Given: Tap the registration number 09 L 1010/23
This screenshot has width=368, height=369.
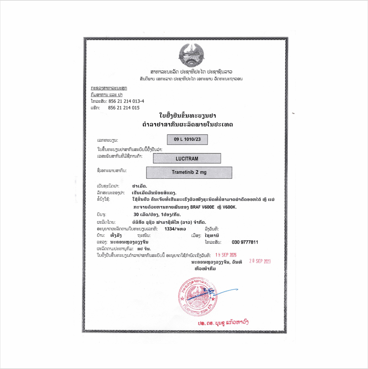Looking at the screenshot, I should [x=188, y=139].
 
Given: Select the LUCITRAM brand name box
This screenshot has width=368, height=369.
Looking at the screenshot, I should [x=187, y=158].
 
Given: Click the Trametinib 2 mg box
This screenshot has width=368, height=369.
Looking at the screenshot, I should [x=189, y=172].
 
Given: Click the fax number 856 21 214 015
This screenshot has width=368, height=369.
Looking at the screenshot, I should [x=124, y=107].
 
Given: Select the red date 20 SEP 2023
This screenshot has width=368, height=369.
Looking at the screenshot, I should [x=260, y=261].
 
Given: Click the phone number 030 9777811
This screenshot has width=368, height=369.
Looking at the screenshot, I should [x=243, y=242].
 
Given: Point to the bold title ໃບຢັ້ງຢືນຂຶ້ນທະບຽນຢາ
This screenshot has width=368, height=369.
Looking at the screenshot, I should [x=187, y=116].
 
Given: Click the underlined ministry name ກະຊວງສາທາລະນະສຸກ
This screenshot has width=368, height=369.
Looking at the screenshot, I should [x=109, y=88].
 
